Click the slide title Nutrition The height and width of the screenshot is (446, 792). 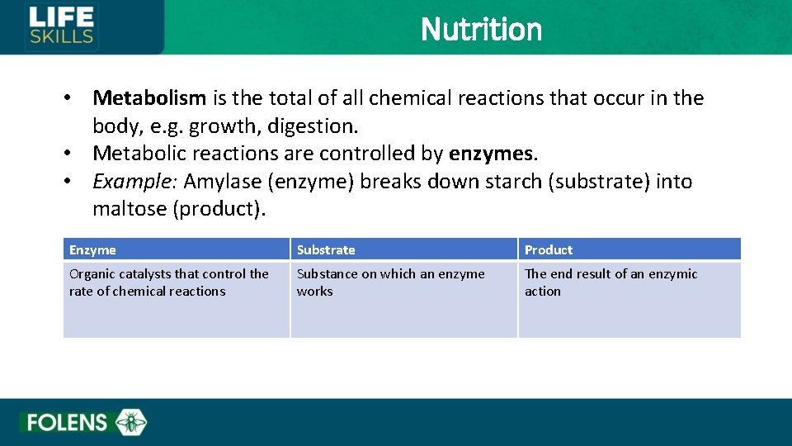click(481, 30)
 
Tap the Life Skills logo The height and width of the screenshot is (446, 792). click(62, 26)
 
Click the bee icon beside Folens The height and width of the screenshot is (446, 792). click(130, 423)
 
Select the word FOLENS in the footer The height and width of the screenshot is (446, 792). click(67, 423)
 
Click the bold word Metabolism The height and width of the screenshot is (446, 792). click(149, 98)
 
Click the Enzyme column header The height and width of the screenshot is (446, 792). click(92, 249)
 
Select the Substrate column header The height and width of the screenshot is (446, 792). click(326, 249)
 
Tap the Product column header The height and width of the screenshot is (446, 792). click(549, 249)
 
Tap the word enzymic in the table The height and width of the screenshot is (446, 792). click(672, 274)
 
